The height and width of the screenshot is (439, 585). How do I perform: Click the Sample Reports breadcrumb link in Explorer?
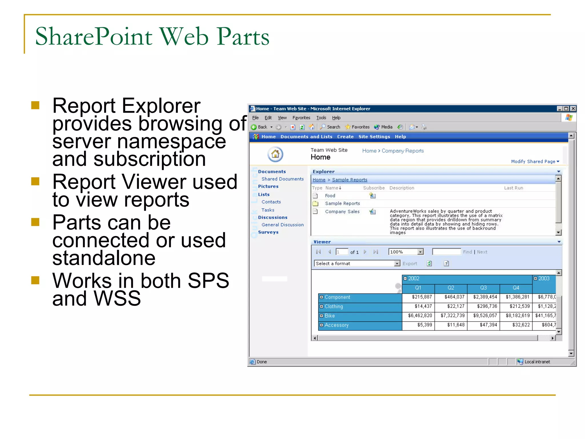(x=349, y=180)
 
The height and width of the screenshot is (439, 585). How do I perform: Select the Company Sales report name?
(x=342, y=211)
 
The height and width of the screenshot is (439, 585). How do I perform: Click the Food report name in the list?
(x=330, y=196)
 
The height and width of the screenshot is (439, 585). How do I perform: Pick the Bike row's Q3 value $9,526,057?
(x=485, y=316)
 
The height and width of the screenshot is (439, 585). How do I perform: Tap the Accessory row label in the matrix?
(x=336, y=325)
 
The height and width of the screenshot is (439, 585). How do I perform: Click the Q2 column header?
(x=451, y=288)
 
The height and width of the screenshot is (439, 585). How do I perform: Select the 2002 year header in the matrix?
(x=413, y=278)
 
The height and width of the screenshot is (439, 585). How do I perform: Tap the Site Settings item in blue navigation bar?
(x=374, y=137)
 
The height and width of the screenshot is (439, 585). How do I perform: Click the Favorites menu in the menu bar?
(x=301, y=118)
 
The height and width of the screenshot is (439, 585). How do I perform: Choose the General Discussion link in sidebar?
(x=283, y=225)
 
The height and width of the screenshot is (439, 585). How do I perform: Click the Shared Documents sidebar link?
(x=283, y=179)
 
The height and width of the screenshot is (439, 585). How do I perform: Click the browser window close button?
(x=573, y=109)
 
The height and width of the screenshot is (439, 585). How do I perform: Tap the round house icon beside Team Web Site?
(x=275, y=154)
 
